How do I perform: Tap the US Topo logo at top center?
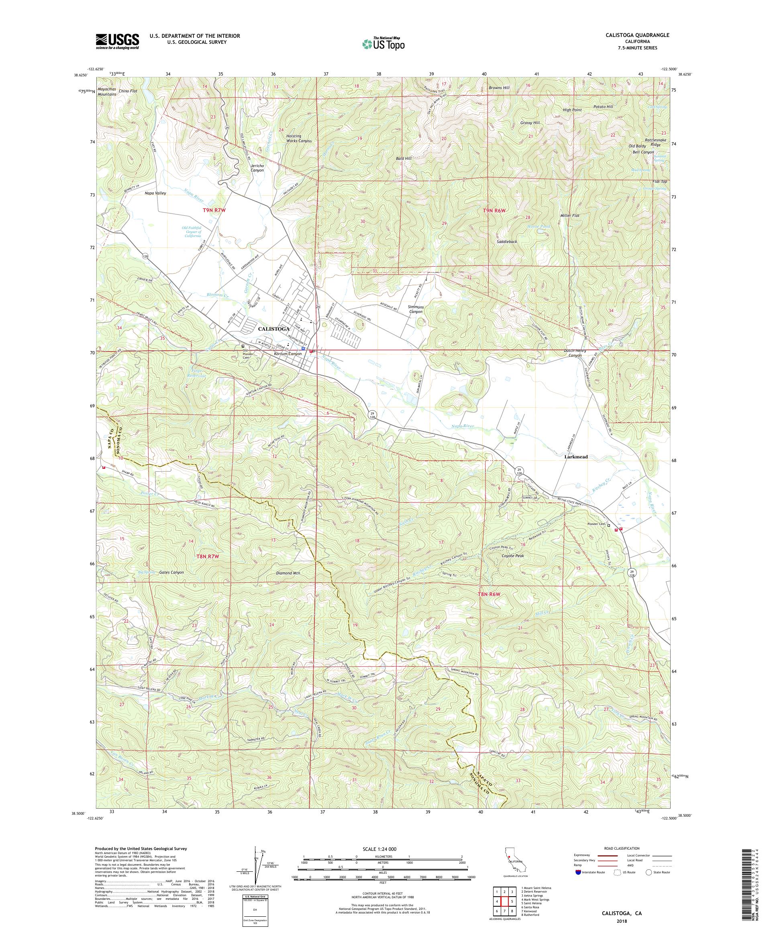[383, 43]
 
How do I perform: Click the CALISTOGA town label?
[273, 329]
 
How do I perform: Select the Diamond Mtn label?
[288, 573]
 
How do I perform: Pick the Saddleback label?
[507, 242]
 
